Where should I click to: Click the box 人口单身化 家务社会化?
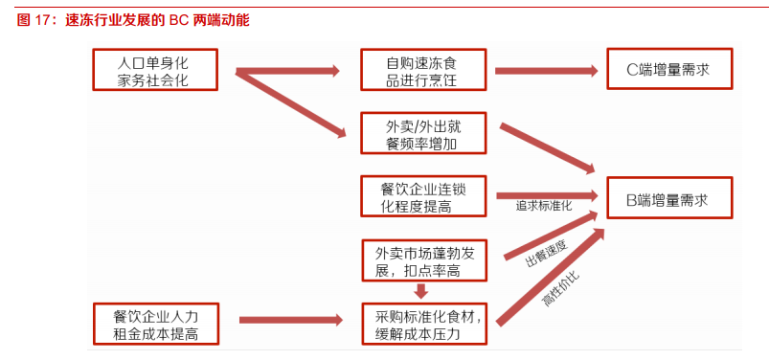pos(154,70)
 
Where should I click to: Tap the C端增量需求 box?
pos(669,70)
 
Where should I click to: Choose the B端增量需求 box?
pos(669,200)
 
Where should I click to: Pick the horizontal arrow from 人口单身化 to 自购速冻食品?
pos(287,71)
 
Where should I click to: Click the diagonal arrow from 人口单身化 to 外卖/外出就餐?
pos(292,102)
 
